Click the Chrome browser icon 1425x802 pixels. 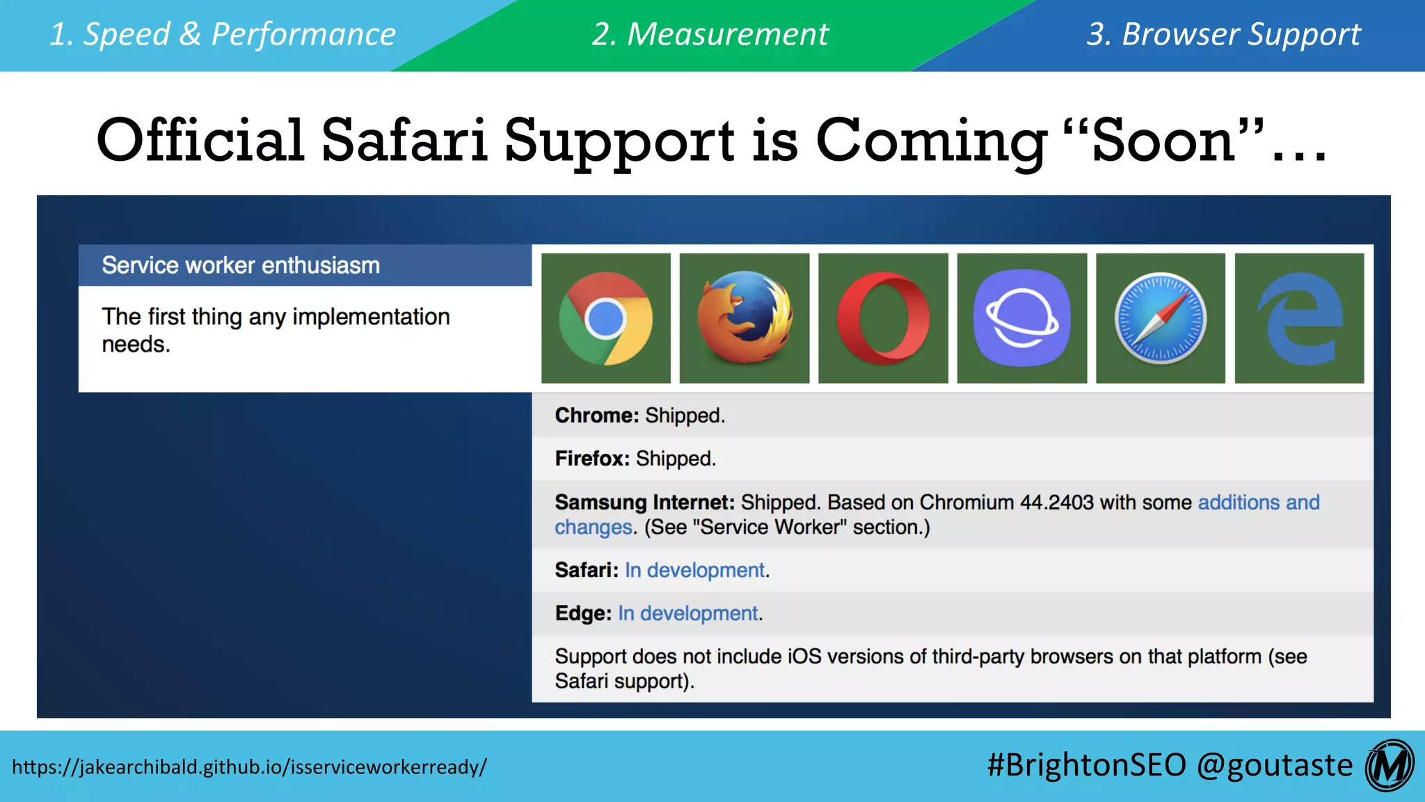(605, 318)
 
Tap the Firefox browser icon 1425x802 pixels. (745, 318)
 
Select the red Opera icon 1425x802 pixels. (883, 318)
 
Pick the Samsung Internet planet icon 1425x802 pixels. (1021, 318)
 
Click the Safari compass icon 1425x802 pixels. (1161, 318)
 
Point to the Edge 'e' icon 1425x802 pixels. (1299, 318)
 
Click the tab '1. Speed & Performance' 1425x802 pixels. (223, 34)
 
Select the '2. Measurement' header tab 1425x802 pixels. (710, 34)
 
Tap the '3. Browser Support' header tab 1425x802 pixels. (1223, 34)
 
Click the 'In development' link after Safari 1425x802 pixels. (694, 570)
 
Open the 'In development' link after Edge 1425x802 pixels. (687, 613)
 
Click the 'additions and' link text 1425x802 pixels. (1258, 502)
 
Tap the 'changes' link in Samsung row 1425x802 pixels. (593, 527)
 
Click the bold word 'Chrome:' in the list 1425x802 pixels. (596, 416)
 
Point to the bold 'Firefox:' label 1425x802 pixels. (592, 459)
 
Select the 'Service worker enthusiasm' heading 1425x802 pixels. (241, 265)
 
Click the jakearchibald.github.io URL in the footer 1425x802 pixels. (249, 766)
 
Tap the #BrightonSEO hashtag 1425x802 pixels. (1085, 765)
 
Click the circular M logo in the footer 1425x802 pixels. (1389, 766)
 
